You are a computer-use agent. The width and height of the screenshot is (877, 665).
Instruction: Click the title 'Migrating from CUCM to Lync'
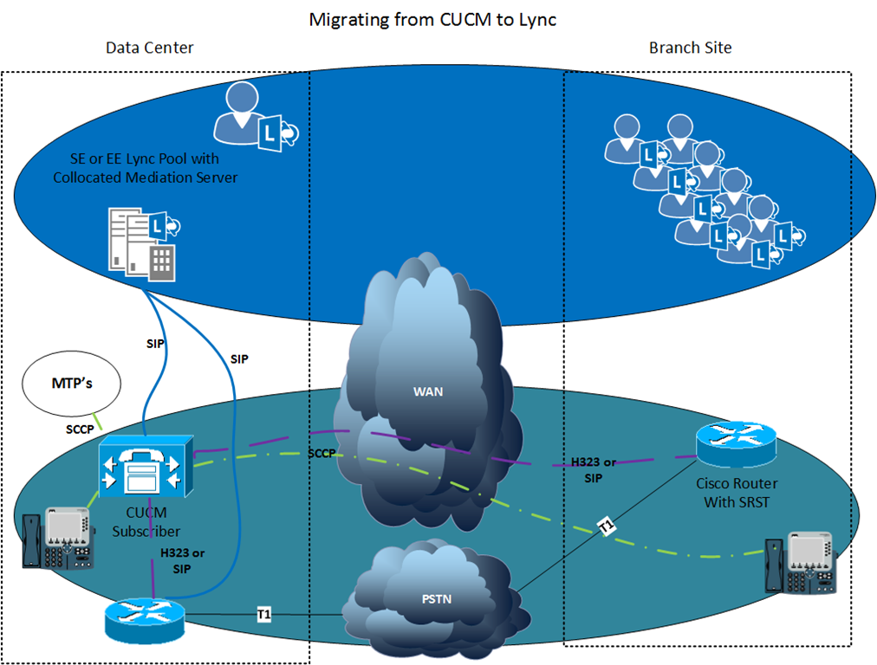point(432,20)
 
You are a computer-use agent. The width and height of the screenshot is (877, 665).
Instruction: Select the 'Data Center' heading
point(149,48)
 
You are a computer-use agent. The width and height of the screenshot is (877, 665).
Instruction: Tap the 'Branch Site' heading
point(690,48)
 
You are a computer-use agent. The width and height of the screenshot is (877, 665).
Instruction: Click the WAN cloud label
point(428,391)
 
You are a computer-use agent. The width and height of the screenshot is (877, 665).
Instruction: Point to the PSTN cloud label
point(436,599)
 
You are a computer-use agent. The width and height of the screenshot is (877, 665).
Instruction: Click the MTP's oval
point(72,384)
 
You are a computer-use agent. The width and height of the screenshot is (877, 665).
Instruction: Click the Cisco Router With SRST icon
point(736,444)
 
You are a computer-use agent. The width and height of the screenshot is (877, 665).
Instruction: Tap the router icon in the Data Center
point(145,620)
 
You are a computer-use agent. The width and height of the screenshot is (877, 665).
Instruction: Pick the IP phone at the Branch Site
point(801,563)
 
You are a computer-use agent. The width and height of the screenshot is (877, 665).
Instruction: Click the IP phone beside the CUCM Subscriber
point(58,538)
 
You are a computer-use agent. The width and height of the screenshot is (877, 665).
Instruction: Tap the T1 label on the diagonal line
point(607,526)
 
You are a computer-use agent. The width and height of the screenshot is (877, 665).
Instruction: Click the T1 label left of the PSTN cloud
point(264,615)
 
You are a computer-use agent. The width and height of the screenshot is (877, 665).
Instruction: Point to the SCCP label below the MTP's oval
point(80,429)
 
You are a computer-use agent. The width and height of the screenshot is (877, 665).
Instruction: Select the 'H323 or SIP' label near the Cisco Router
point(594,470)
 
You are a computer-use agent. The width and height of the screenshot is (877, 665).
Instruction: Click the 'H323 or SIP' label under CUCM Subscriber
point(182,560)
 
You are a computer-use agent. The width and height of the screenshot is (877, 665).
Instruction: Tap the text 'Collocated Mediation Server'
point(146,178)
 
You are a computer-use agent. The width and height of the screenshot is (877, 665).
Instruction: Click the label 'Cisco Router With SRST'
point(737,493)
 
